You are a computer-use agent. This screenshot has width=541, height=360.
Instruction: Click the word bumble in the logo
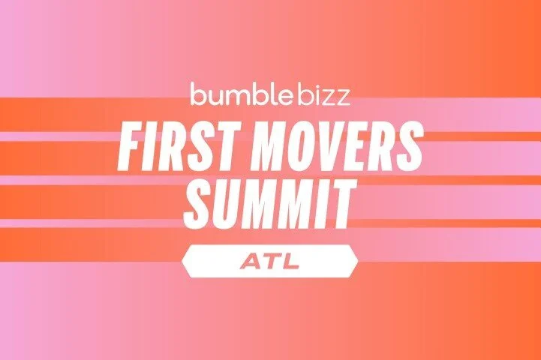pyautogui.click(x=233, y=95)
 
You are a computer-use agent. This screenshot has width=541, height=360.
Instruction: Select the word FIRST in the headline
pyautogui.click(x=172, y=143)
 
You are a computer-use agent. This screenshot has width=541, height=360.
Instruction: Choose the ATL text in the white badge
pyautogui.click(x=269, y=261)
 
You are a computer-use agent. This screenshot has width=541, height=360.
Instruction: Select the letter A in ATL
pyautogui.click(x=251, y=261)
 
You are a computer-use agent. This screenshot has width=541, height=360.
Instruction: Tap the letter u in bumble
pyautogui.click(x=212, y=97)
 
